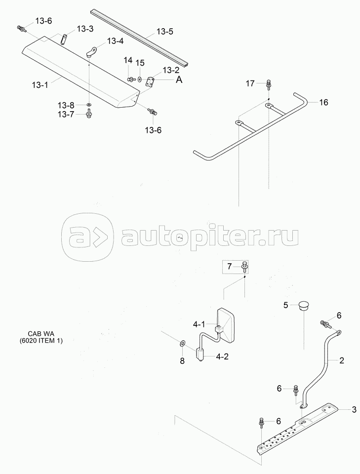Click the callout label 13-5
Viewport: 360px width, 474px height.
(165, 32)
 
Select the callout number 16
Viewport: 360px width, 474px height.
(323, 103)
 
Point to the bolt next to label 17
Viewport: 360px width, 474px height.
(268, 84)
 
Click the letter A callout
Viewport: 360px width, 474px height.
(179, 80)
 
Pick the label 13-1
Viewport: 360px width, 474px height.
(40, 84)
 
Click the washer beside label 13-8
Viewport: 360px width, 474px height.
(88, 105)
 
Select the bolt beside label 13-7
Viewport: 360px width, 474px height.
(88, 115)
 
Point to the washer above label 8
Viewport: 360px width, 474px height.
(182, 343)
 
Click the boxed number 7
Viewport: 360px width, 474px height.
(229, 267)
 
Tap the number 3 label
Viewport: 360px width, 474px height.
(354, 409)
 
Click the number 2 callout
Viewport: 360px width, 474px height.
(342, 360)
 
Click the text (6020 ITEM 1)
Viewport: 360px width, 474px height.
(41, 341)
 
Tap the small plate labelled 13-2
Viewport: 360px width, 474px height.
(150, 80)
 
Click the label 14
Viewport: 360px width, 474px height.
(128, 60)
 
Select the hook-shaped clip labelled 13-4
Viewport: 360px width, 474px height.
(92, 51)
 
